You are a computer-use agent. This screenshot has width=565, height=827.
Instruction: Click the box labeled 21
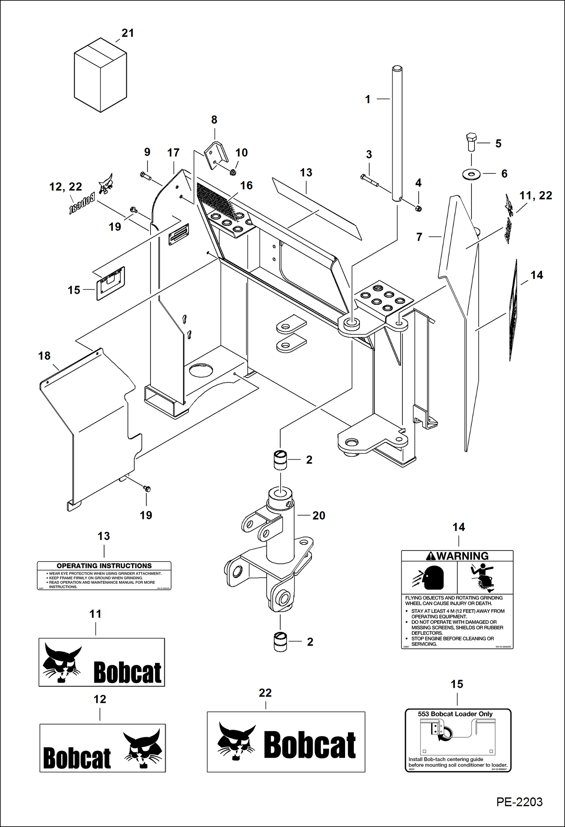[x=100, y=75]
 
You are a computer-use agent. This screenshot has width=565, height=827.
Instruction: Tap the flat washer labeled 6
[x=471, y=174]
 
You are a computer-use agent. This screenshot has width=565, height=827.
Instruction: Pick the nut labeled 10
[x=233, y=172]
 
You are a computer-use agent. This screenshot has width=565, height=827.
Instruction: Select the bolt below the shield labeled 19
[x=147, y=489]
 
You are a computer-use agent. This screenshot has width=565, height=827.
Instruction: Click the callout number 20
[x=318, y=516]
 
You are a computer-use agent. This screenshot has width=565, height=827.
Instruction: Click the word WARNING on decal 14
[x=462, y=556]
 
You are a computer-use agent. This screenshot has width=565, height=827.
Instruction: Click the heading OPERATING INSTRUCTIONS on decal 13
[x=104, y=566]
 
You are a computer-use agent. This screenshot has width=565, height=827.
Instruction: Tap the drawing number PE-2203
[x=519, y=801]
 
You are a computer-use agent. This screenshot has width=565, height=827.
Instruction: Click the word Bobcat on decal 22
[x=309, y=745]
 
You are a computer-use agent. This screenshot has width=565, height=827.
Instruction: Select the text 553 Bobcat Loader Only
[x=455, y=714]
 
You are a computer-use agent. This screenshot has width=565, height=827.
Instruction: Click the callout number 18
[x=44, y=356]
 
